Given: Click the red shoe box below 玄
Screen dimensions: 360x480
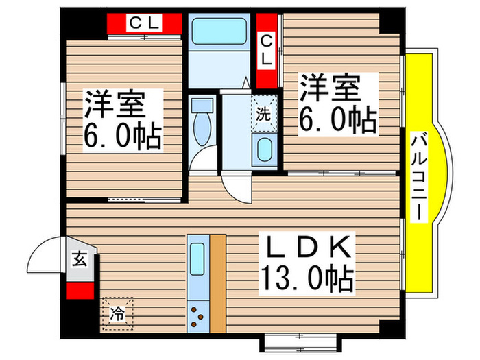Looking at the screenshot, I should click(80, 290).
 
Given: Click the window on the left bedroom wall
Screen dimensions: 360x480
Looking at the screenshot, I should click(63, 119).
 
